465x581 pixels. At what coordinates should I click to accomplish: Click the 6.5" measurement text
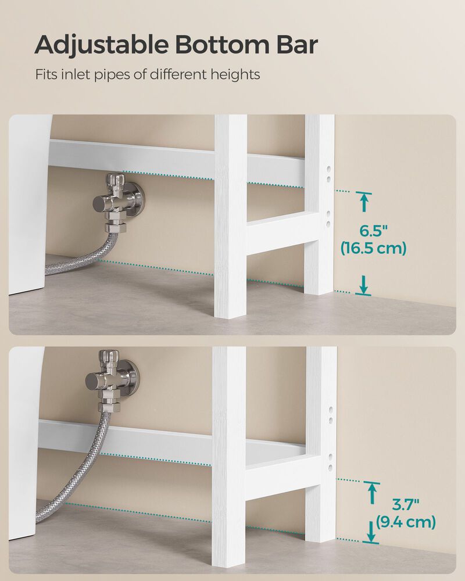pyautogui.click(x=364, y=231)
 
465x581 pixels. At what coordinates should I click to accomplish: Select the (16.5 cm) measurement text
pyautogui.click(x=373, y=249)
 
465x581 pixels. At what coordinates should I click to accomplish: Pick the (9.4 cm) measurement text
pyautogui.click(x=405, y=522)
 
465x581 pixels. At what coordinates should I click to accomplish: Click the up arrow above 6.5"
pyautogui.click(x=364, y=203)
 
